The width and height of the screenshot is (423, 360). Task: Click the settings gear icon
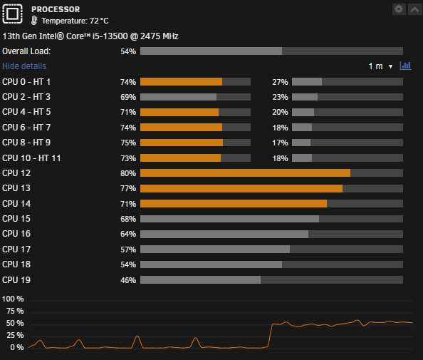pyautogui.click(x=399, y=9)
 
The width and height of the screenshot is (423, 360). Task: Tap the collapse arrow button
pyautogui.click(x=415, y=9)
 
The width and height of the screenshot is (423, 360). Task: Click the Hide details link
pyautogui.click(x=24, y=66)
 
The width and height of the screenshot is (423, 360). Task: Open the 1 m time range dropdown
pyautogui.click(x=380, y=66)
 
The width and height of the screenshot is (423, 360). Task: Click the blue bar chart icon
pyautogui.click(x=405, y=66)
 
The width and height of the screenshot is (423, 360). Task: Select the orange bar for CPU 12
pyautogui.click(x=245, y=173)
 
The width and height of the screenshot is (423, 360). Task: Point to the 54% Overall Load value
pyautogui.click(x=128, y=51)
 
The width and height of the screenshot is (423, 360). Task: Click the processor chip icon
pyautogui.click(x=12, y=14)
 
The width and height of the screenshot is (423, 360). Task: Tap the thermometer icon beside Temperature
pyautogui.click(x=34, y=21)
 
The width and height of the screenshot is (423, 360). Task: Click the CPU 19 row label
pyautogui.click(x=16, y=280)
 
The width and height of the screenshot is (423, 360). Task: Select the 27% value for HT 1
pyautogui.click(x=280, y=82)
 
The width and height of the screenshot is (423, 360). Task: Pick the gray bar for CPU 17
pyautogui.click(x=215, y=250)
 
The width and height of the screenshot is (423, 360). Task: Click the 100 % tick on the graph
pyautogui.click(x=13, y=299)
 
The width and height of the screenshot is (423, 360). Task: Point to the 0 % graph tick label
pyautogui.click(x=17, y=347)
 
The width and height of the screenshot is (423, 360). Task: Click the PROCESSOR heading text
pyautogui.click(x=56, y=9)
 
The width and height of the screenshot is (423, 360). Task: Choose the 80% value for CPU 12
pyautogui.click(x=128, y=173)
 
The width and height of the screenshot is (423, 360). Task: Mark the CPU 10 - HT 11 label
pyautogui.click(x=31, y=158)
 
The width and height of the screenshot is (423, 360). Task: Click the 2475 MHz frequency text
pyautogui.click(x=160, y=36)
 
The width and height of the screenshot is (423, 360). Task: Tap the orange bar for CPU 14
pyautogui.click(x=234, y=204)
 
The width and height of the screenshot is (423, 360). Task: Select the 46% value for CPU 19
pyautogui.click(x=128, y=280)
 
